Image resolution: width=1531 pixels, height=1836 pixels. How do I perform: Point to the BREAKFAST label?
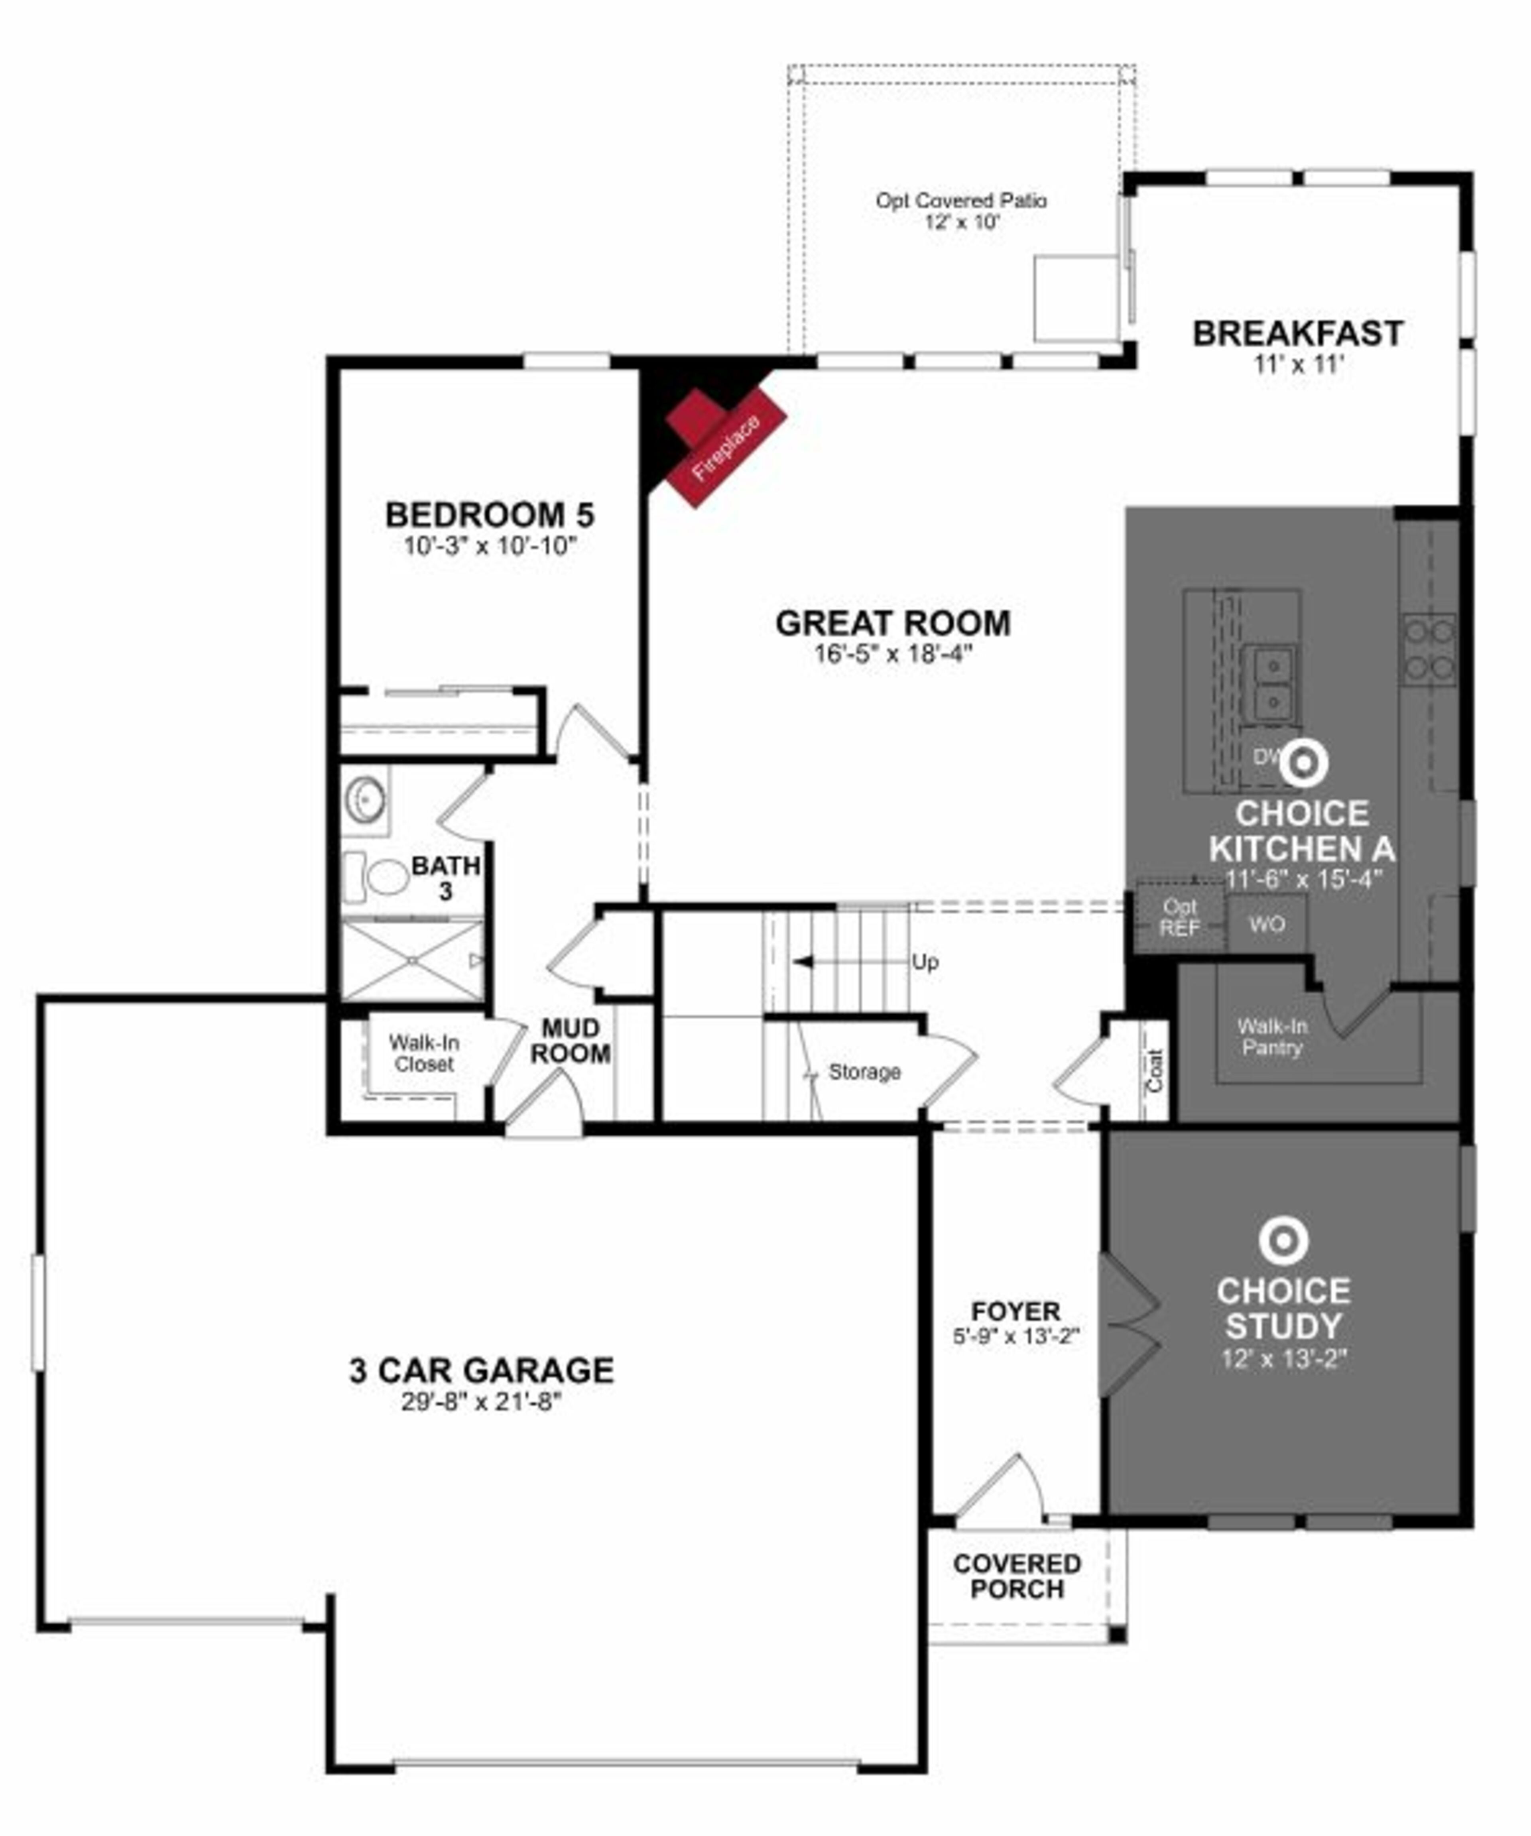pyautogui.click(x=1297, y=333)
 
